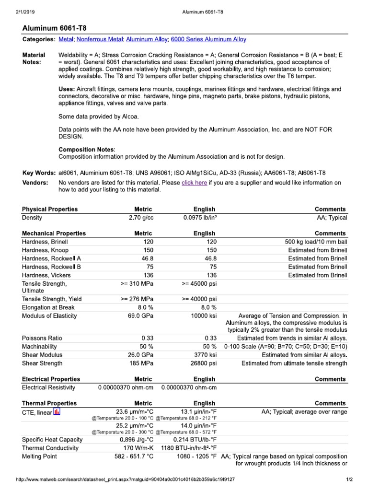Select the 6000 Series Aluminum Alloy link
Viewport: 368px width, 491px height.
208,39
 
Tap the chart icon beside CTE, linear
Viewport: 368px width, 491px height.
57,412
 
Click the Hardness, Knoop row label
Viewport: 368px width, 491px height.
45,250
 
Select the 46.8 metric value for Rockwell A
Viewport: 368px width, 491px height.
144,258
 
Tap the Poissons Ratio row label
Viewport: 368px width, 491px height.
42,338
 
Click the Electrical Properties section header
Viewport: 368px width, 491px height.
51,379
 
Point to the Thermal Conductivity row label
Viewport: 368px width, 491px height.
50,448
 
